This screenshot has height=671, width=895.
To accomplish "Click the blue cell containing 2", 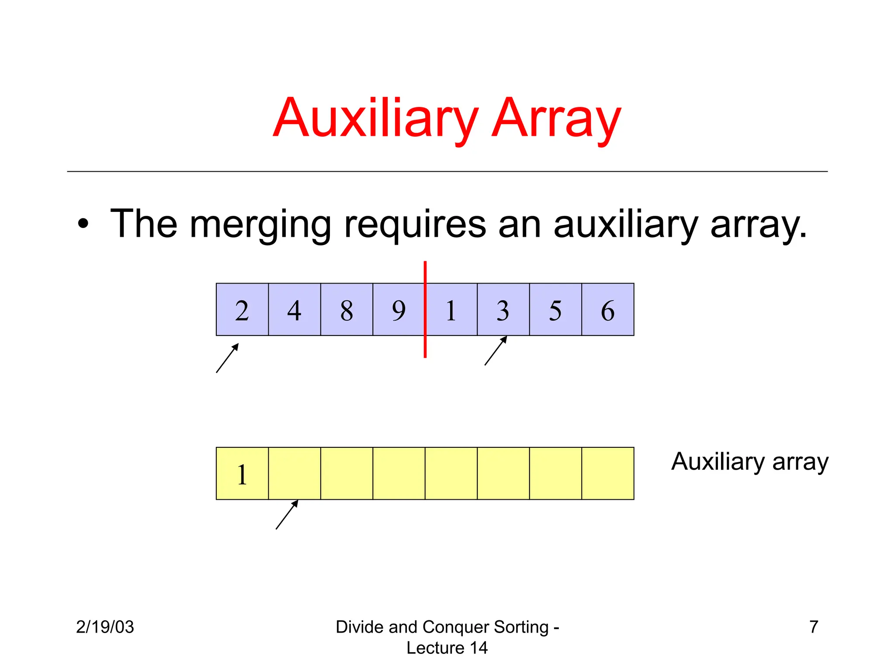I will tap(242, 309).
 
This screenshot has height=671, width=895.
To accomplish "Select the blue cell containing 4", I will tap(294, 309).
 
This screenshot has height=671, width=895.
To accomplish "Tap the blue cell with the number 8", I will tap(347, 309).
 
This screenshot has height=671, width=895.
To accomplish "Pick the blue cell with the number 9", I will tap(398, 309).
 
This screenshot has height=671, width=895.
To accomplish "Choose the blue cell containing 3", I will tap(503, 309).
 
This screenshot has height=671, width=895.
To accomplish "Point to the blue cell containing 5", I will tap(555, 309).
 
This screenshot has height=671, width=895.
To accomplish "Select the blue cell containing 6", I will tap(608, 309).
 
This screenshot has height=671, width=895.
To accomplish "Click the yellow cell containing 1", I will tap(242, 473).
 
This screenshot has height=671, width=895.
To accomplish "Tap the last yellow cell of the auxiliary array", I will tap(608, 473).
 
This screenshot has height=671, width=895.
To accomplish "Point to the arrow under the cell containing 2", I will tap(227, 358).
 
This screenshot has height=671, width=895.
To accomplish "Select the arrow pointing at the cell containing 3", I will tap(496, 350).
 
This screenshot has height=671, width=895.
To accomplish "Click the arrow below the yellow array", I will tap(287, 515).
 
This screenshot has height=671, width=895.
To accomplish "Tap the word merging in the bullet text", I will tap(260, 225).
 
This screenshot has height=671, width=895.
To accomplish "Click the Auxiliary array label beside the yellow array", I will tap(749, 462).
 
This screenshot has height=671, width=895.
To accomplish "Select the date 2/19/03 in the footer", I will tap(105, 627).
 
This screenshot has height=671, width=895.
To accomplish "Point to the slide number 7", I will tap(813, 627).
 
